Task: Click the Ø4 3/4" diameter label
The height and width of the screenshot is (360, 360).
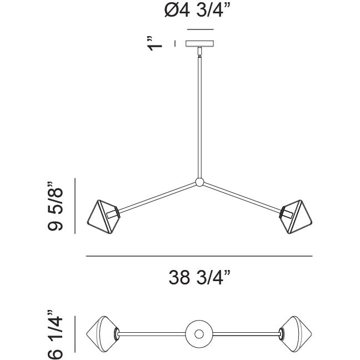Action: [x=197, y=10]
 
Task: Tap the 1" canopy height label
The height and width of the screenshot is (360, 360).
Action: [x=154, y=43]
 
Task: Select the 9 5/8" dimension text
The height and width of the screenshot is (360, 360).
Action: [x=55, y=206]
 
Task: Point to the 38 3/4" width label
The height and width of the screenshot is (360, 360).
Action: [x=199, y=277]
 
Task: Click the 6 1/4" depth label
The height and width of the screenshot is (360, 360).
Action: [x=55, y=335]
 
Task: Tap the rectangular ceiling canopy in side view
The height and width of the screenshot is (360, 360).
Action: [x=200, y=44]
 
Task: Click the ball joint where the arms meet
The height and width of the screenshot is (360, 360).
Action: [x=199, y=182]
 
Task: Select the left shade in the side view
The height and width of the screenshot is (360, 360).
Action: [x=103, y=217]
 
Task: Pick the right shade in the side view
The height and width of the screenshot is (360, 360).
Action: [x=296, y=217]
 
